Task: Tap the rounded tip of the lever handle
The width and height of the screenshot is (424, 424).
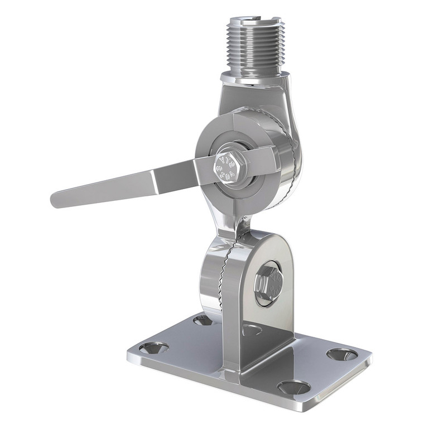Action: pyautogui.click(x=56, y=199)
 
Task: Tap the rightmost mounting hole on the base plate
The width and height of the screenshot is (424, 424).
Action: pyautogui.click(x=342, y=354)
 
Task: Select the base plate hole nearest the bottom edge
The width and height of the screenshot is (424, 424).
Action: pyautogui.click(x=293, y=387)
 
